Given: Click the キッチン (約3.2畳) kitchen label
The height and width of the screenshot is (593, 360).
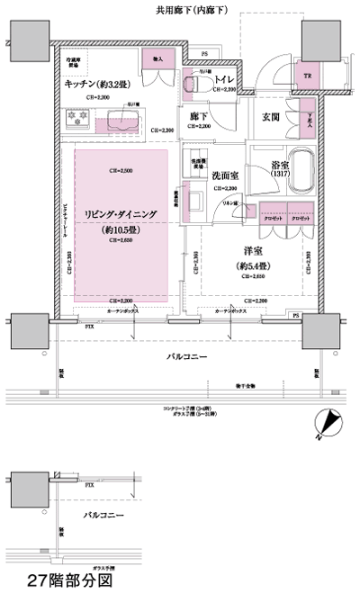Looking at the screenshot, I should pos(98,83).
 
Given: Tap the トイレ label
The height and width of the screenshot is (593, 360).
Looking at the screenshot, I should pos(224,77).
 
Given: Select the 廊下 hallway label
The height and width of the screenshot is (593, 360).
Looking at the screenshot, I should pos(200,115).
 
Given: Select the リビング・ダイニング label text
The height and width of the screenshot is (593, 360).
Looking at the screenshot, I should pos(121,212).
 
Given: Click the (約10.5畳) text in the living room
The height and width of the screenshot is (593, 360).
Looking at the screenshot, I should pos(121,229).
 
